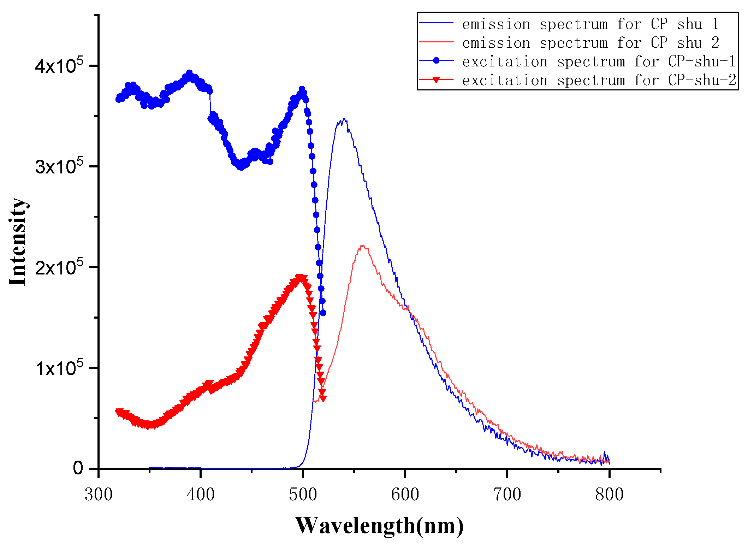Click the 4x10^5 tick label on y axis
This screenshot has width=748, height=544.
59,66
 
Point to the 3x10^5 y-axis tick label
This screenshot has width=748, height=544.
59,166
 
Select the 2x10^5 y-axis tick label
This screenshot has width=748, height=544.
59,267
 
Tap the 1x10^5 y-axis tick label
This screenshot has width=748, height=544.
59,368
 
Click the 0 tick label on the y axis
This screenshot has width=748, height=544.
78,468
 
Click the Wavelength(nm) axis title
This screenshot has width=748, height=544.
379,526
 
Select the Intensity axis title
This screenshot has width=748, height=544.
18,242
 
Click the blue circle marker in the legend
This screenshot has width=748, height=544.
436,61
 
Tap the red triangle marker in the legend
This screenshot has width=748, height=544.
436,80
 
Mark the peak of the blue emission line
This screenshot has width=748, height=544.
344,119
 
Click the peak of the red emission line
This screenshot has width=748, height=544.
362,245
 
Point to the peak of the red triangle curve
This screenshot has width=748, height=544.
300,277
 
